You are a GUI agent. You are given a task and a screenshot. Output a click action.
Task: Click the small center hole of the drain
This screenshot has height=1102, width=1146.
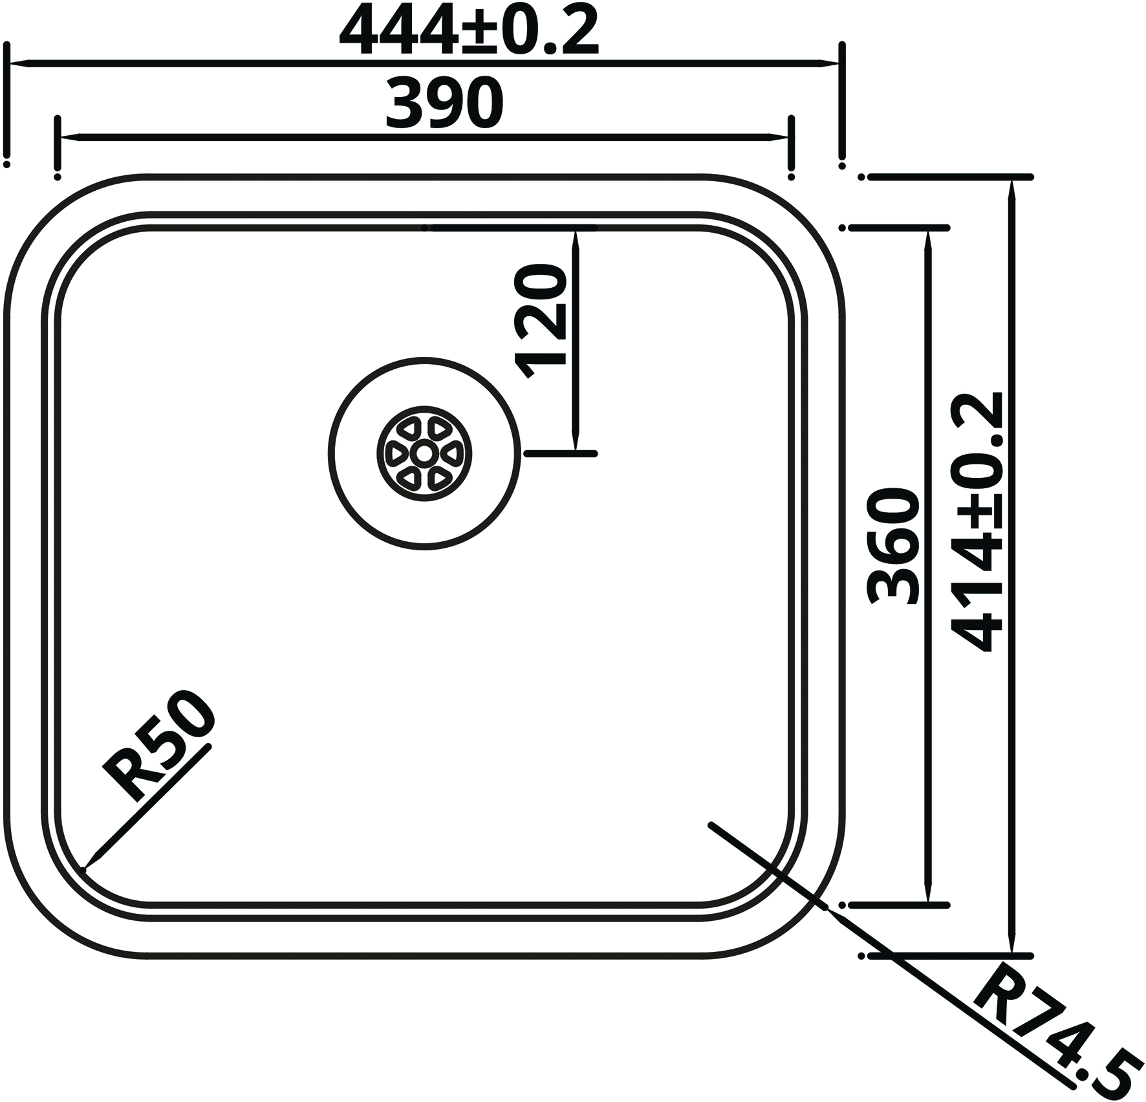tap(424, 453)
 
